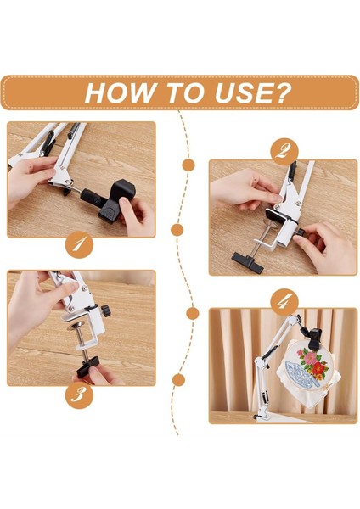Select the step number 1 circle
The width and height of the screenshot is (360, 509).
click(79, 246)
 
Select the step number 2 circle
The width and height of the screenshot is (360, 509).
click(284, 152)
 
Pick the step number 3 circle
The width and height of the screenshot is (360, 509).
click(79, 395)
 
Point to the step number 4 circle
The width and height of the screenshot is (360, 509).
click(284, 303)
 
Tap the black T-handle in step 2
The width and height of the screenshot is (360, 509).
click(247, 261)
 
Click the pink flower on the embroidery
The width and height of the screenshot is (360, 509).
click(309, 357)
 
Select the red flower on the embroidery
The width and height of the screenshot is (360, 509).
click(318, 368)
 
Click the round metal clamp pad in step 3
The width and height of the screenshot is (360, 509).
click(76, 325)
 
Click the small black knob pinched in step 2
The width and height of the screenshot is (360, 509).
click(301, 232)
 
